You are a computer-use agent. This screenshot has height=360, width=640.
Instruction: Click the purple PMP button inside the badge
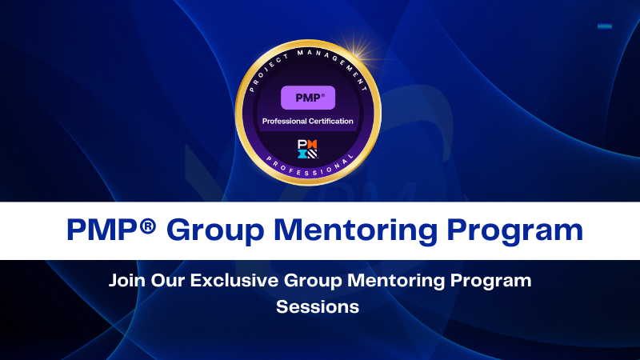(x=307, y=98)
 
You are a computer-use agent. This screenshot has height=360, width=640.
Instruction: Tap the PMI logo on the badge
(x=307, y=148)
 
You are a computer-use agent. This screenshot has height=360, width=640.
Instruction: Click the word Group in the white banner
(x=211, y=230)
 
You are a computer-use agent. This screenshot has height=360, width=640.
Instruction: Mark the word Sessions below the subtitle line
(x=318, y=306)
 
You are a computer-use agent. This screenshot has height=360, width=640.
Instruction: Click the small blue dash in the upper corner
(x=605, y=26)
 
